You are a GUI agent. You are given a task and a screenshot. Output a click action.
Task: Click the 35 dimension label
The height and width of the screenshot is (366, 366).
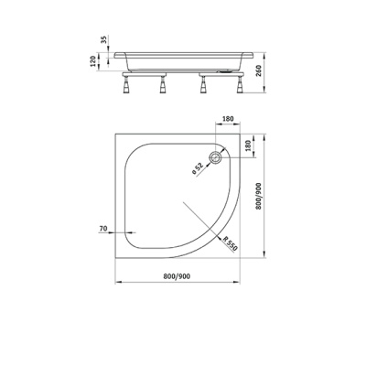104,39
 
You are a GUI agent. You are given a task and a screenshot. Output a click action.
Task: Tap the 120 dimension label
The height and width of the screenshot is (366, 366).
93,61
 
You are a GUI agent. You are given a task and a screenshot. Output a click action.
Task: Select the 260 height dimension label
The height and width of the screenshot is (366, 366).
259,71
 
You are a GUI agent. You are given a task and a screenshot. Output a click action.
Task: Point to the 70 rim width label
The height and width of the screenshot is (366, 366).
103,228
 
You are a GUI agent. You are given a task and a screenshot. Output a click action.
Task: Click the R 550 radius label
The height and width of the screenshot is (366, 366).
230,243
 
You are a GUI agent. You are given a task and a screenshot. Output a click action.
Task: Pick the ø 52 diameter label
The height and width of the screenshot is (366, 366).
198,168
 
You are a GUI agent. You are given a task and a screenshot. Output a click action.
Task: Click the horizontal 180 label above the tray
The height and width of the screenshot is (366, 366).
228,119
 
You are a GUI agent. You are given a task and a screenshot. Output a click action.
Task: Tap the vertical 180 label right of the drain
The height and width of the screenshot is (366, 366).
247,145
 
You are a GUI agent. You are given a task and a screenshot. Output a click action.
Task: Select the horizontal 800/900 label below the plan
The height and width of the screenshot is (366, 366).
177,276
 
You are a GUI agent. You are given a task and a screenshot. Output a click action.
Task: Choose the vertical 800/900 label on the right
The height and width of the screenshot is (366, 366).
259,196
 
